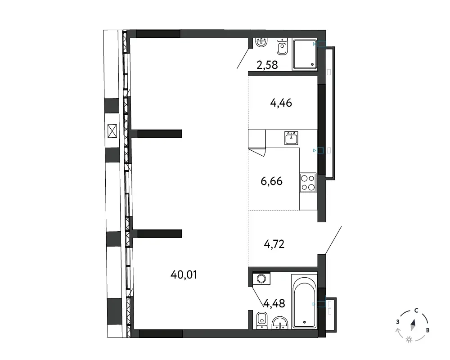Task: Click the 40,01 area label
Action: tap(184, 275)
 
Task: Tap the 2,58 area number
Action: tap(267, 65)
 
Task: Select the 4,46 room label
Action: tap(281, 103)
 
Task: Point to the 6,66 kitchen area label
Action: tap(271, 181)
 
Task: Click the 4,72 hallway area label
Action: tap(274, 244)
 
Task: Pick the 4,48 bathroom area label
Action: tap(274, 303)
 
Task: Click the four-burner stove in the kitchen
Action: tap(308, 183)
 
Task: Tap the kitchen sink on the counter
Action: tap(292, 138)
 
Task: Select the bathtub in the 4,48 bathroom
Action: tap(304, 301)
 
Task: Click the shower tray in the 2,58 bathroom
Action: tap(305, 54)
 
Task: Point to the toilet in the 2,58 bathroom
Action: tap(283, 47)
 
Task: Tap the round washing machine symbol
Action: tap(261, 279)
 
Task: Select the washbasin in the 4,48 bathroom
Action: tap(280, 323)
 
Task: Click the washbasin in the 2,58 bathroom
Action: tap(261, 42)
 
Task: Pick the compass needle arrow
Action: tap(413, 325)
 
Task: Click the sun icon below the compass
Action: tap(409, 340)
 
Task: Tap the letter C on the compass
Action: tap(416, 310)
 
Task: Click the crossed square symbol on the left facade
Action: tap(112, 131)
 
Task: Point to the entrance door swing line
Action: tap(333, 240)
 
